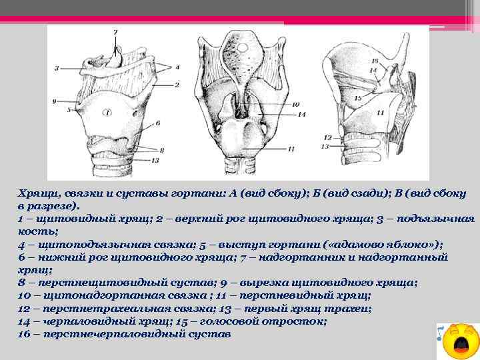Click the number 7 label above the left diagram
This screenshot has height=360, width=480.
pyautogui.click(x=115, y=32)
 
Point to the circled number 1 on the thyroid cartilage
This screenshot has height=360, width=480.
pyautogui.click(x=107, y=113)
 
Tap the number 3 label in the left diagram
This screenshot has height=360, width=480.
pyautogui.click(x=57, y=68)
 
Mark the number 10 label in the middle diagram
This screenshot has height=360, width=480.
pyautogui.click(x=295, y=104)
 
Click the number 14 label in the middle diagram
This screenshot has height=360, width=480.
pyautogui.click(x=301, y=115)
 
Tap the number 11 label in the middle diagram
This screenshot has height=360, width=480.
pyautogui.click(x=291, y=149)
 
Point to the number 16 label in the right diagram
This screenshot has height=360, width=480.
pyautogui.click(x=374, y=62)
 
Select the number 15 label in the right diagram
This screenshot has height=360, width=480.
pyautogui.click(x=358, y=98)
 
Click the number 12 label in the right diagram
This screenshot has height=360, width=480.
pyautogui.click(x=327, y=137)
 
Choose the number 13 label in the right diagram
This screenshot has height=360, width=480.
pyautogui.click(x=327, y=145)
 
